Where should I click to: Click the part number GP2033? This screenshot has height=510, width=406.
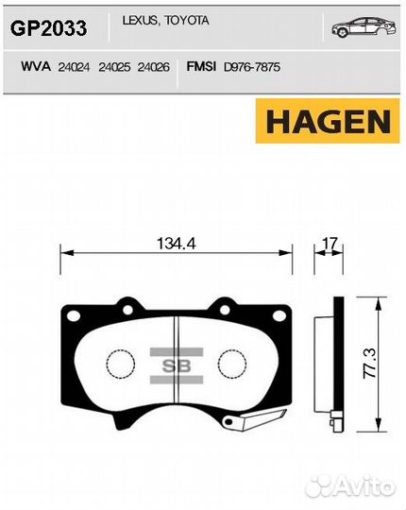point(48,29)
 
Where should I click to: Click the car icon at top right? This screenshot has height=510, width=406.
point(363,27)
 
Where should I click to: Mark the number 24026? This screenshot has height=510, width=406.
point(155,67)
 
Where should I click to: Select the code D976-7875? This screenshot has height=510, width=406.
point(252,67)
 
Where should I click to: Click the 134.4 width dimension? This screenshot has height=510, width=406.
point(176,243)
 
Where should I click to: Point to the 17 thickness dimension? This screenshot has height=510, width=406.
point(330,243)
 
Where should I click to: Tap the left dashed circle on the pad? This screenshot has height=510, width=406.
point(120,365)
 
